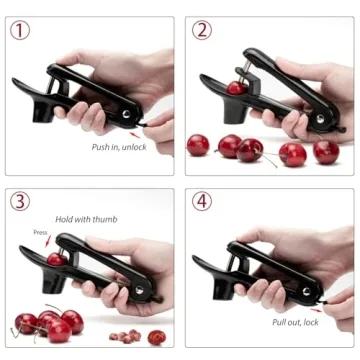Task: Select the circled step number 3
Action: pyautogui.click(x=20, y=201)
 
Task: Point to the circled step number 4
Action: pyautogui.click(x=202, y=201)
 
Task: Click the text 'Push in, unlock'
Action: pyautogui.click(x=120, y=146)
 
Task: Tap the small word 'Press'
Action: pyautogui.click(x=40, y=232)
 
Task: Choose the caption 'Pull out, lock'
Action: pyautogui.click(x=296, y=322)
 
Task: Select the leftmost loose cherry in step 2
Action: pyautogui.click(x=198, y=145)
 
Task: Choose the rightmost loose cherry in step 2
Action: pyautogui.click(x=326, y=151)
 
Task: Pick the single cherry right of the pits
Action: pyautogui.click(x=156, y=337)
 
